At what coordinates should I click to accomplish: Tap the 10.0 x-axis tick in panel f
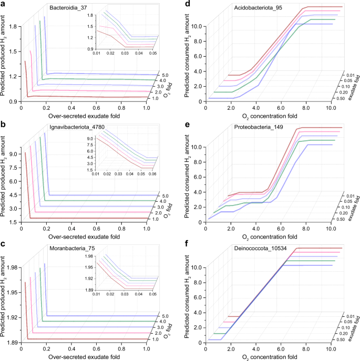(x=330, y=349)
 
